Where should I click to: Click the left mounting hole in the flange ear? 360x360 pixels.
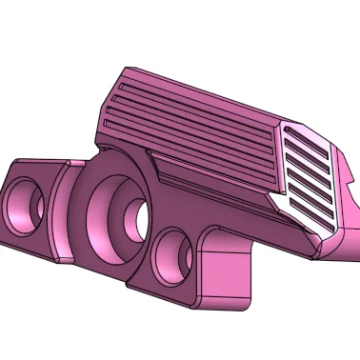point(29,207)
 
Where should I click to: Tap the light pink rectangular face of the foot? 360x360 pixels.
point(226,276)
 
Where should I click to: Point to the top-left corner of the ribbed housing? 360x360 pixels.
point(126,70)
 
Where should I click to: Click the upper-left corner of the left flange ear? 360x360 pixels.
point(13,163)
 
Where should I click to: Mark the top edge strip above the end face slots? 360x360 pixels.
point(305,128)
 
